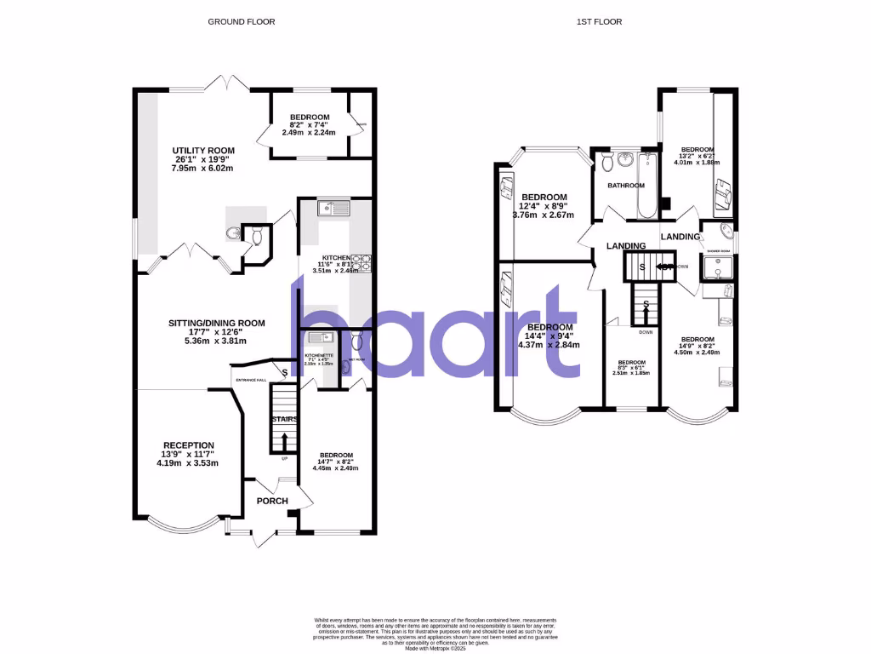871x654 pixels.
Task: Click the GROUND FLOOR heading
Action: pos(242,21)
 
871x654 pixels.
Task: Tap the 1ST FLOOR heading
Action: pos(605,21)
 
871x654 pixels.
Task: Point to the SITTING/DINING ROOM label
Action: pos(216,323)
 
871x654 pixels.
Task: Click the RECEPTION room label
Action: pos(189,445)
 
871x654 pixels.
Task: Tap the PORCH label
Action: pos(272,501)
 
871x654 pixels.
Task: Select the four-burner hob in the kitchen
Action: pos(362,263)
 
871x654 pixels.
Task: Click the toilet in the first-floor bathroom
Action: pos(606,162)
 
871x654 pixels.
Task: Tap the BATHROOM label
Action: pos(625,185)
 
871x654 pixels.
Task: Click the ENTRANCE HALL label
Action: pos(250,380)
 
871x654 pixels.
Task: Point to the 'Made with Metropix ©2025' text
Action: pos(435,649)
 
